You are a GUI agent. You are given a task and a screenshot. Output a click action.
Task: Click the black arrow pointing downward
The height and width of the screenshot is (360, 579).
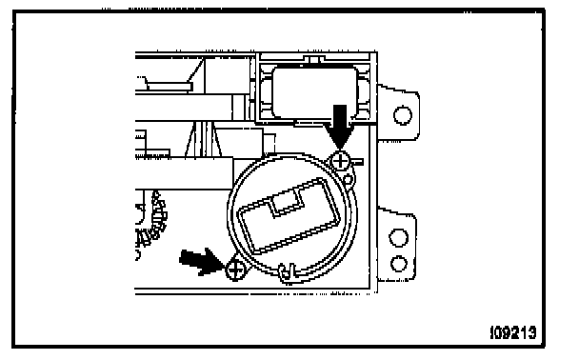[340, 127]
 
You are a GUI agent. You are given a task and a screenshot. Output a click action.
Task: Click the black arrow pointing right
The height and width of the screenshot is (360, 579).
[202, 261]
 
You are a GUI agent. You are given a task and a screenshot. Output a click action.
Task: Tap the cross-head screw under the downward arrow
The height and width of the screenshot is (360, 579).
[340, 161]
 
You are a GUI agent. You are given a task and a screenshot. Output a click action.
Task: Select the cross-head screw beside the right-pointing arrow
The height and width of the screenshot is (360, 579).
[235, 270]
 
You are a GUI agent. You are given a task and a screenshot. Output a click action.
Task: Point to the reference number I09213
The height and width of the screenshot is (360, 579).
[513, 332]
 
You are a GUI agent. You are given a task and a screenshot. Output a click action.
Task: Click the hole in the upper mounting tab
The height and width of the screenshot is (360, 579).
[403, 115]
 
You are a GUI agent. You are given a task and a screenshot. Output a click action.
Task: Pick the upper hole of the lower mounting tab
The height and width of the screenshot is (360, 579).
[399, 237]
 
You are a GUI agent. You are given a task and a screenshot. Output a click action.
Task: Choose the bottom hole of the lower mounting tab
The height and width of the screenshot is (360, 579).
[399, 264]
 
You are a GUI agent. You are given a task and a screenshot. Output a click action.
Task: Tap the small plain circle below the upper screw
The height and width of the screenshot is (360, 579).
[348, 180]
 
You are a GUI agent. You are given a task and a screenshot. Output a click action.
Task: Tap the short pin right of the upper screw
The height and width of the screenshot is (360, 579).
[357, 162]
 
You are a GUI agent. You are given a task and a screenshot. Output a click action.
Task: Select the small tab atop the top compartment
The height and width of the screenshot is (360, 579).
[314, 59]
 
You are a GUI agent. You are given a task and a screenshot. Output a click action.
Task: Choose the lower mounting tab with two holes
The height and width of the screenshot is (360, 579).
[397, 245]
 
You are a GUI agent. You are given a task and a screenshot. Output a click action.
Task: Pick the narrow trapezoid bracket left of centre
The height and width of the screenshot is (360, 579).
[203, 140]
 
